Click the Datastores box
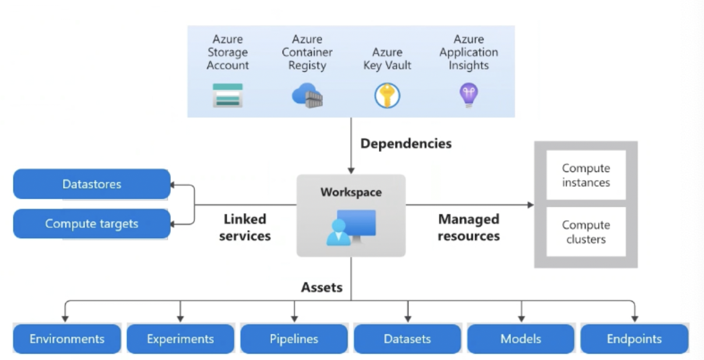[91, 184]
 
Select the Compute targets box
[91, 224]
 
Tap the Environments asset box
[67, 338]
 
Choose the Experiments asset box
[180, 338]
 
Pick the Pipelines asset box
[294, 338]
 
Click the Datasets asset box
[407, 338]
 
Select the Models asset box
[520, 338]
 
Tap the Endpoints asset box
[634, 338]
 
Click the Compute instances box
[586, 175]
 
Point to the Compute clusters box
[586, 232]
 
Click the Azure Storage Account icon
[227, 96]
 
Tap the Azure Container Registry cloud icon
[307, 95]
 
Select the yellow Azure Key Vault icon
[387, 95]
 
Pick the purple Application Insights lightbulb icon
[469, 95]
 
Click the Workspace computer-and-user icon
[351, 228]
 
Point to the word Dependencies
[406, 143]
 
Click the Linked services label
[245, 227]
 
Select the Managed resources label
[469, 227]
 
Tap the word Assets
[322, 287]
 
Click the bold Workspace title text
[351, 192]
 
